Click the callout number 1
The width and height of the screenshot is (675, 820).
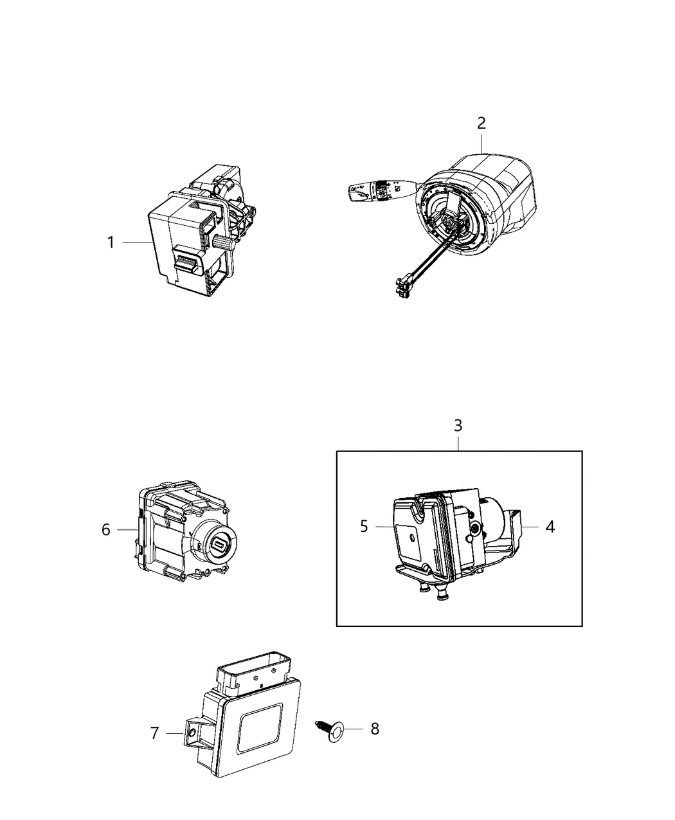pyautogui.click(x=111, y=242)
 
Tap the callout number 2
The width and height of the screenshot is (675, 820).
pyautogui.click(x=482, y=122)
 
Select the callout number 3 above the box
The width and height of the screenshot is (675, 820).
pyautogui.click(x=458, y=425)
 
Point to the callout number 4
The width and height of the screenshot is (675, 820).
pyautogui.click(x=550, y=527)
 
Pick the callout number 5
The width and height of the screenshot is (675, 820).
pyautogui.click(x=364, y=527)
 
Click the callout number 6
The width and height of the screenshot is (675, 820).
pyautogui.click(x=106, y=529)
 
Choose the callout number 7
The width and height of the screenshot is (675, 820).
pyautogui.click(x=154, y=733)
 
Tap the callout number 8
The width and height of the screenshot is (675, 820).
pyautogui.click(x=375, y=729)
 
